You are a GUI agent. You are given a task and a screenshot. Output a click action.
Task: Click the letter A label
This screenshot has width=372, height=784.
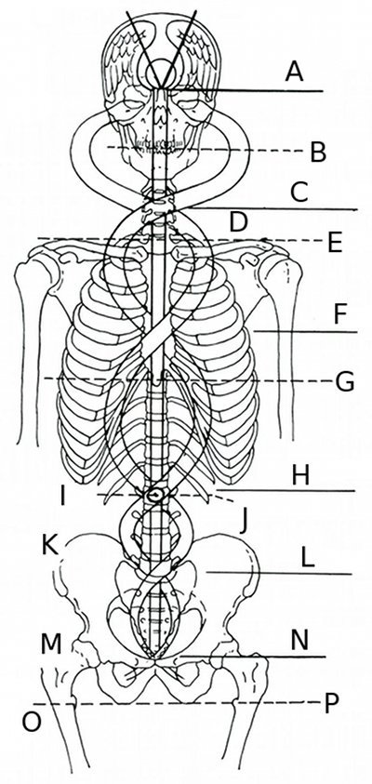(295, 72)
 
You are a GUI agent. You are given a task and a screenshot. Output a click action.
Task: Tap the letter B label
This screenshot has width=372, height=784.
(318, 153)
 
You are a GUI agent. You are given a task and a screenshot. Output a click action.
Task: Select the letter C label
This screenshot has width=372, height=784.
(299, 193)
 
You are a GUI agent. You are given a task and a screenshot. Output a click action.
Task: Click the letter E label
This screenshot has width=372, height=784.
(335, 245)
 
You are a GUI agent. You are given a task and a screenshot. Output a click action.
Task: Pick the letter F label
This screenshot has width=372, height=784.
(339, 315)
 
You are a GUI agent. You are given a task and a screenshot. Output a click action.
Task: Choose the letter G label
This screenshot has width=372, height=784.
(344, 383)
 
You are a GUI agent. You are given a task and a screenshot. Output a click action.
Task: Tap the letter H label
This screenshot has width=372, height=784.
(300, 477)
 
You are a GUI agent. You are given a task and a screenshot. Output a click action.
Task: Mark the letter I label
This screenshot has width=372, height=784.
(63, 497)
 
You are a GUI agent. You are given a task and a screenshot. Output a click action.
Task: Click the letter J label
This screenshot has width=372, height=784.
(243, 524)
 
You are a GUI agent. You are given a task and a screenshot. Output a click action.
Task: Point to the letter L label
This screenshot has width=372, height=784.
(308, 559)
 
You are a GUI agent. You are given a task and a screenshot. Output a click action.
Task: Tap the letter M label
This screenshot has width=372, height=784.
(51, 645)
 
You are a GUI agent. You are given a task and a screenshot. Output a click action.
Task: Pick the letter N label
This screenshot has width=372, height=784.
(299, 642)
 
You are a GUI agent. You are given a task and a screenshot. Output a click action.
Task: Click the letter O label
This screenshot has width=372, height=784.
(31, 723)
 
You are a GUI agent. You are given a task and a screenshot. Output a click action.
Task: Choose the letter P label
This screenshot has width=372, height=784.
(330, 704)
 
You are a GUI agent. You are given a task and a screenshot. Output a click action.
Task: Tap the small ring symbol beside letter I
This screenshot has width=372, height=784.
(154, 496)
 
